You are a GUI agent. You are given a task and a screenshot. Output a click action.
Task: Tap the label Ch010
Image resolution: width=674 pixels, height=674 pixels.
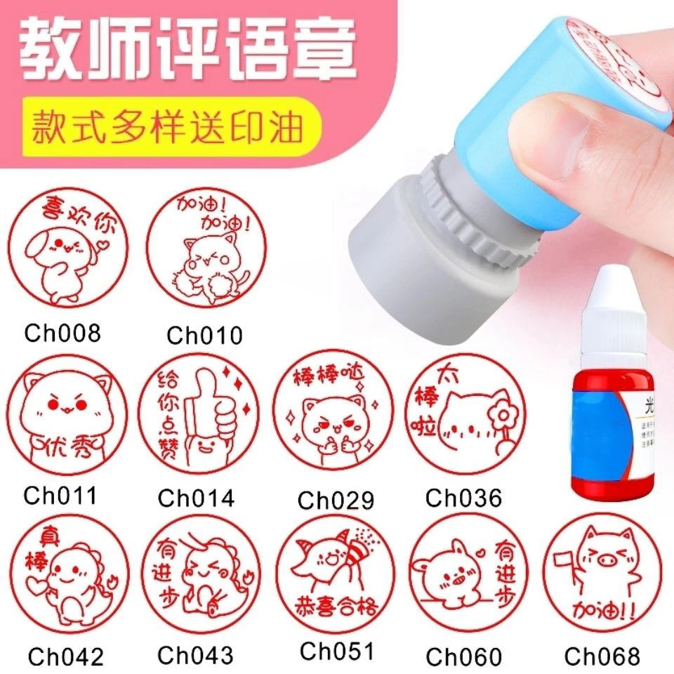204,335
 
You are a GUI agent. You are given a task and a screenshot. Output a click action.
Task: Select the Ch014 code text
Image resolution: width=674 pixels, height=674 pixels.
196,497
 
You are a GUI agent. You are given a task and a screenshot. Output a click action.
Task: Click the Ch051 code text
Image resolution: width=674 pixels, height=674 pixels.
336,651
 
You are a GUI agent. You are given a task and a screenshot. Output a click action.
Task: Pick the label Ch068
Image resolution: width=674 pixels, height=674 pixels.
602,656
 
